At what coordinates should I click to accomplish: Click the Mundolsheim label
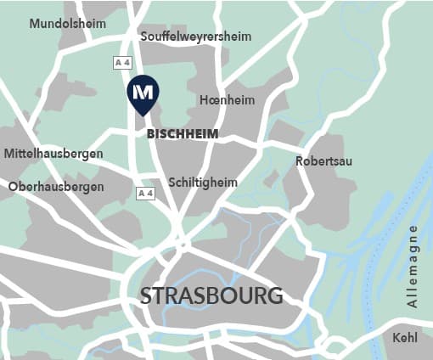[x=68, y=24]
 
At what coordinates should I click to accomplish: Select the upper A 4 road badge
[x=123, y=63]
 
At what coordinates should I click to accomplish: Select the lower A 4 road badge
[x=146, y=194]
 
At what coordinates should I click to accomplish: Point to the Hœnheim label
[x=227, y=100]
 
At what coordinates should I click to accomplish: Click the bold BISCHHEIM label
[x=183, y=134]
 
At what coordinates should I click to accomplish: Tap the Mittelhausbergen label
[x=53, y=154]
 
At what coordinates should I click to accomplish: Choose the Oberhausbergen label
[x=56, y=186]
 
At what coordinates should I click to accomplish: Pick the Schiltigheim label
[x=203, y=183]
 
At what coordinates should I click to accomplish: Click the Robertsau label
[x=323, y=161]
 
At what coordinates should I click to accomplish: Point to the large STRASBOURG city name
[x=211, y=296]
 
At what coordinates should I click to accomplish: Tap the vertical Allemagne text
[x=413, y=266]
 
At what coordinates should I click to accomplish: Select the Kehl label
[x=405, y=338]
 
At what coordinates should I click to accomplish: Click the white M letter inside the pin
[x=143, y=90]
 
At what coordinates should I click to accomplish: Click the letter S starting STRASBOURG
[x=146, y=296]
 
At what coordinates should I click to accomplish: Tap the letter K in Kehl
[x=396, y=338]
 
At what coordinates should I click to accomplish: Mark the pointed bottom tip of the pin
[x=143, y=115]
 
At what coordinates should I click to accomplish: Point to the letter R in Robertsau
[x=300, y=161]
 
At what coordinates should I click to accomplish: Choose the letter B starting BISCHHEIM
[x=151, y=134]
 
